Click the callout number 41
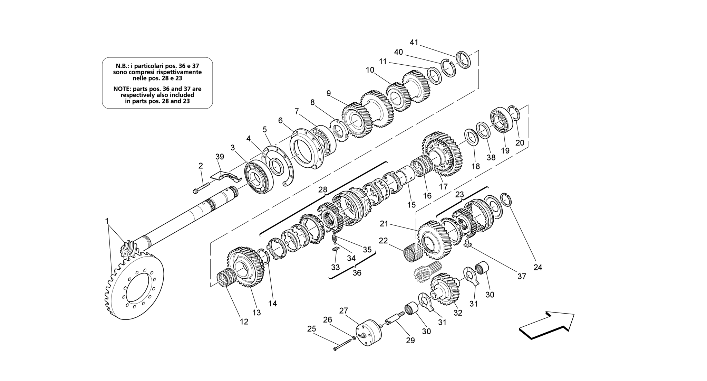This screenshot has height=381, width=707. pos(414,42)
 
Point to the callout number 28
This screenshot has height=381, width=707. pos(322,189)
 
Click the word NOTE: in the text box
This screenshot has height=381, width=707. pos(122,89)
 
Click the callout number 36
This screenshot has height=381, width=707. pos(357,273)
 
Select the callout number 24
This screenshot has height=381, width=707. pos(538,267)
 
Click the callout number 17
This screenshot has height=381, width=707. pos(443,187)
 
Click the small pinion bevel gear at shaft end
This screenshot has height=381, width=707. pos(128,249)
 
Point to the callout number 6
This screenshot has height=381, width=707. pos(280,120)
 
